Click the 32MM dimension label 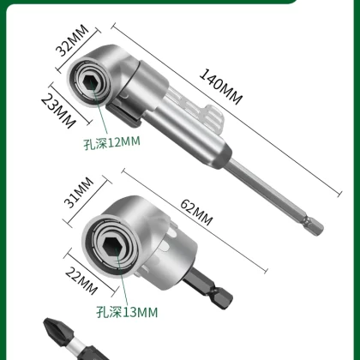point(72,40)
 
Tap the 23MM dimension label point(58,111)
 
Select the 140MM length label point(221,87)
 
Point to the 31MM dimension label point(79,192)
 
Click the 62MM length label point(196,213)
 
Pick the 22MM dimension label point(81,280)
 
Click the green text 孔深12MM point(111,143)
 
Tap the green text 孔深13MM point(127,312)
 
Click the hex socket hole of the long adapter point(90,81)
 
